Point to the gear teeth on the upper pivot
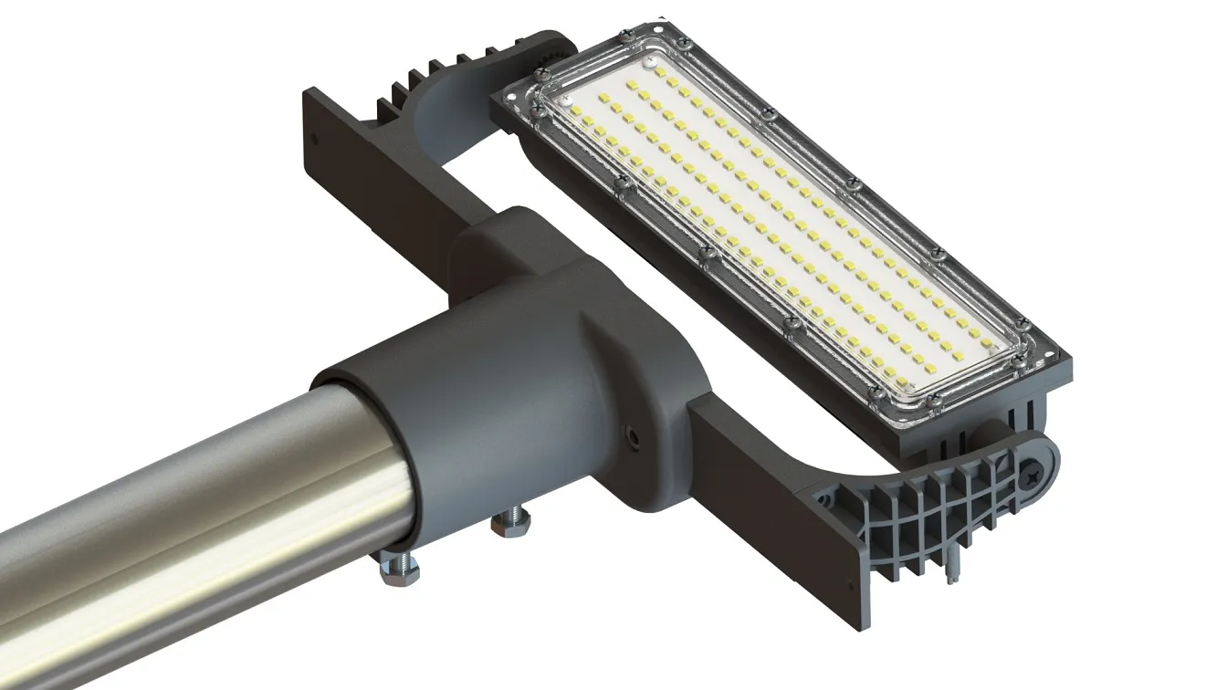544,56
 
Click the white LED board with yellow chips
776,228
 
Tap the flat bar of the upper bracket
383,183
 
